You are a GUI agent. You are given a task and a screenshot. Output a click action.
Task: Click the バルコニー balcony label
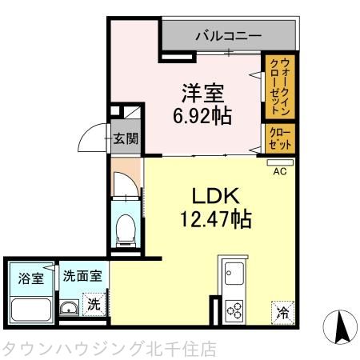click(228, 36)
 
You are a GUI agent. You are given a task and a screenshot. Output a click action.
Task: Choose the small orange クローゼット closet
click(279, 138)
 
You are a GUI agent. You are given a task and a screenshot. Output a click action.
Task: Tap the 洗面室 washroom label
click(82, 277)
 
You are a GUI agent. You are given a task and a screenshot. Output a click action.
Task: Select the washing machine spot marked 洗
click(94, 304)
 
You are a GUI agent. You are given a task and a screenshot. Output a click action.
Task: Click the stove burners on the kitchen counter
click(234, 308)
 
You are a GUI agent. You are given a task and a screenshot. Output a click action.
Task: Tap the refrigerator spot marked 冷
click(282, 311)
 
